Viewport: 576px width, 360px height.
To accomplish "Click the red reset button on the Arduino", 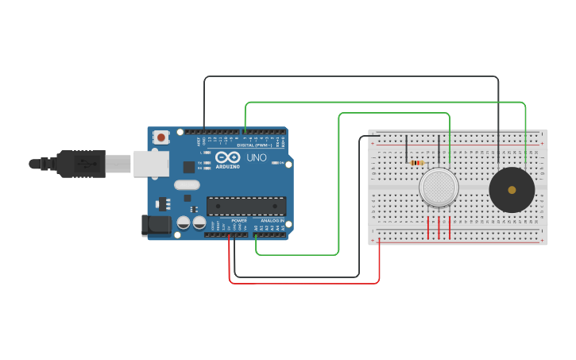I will (x=162, y=137).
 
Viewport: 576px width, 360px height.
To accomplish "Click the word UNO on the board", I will (x=257, y=158).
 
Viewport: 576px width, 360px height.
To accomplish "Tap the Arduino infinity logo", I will (x=227, y=157).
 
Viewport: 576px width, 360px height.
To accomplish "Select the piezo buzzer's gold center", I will (x=512, y=190).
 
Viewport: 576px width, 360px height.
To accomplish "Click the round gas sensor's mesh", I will (x=439, y=188).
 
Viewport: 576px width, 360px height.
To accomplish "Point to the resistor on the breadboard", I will (x=416, y=163).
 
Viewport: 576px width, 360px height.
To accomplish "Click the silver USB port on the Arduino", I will (x=150, y=163).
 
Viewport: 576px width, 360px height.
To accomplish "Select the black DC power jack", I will (x=156, y=225).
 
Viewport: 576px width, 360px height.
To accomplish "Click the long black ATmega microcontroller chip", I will (x=245, y=206).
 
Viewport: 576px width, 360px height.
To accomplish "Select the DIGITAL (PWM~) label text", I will (x=254, y=145).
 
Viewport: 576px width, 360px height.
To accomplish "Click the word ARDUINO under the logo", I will (x=227, y=167).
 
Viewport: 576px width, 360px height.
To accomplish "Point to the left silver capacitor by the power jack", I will (x=183, y=223).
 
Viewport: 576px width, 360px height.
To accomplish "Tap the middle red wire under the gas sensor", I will (x=439, y=226).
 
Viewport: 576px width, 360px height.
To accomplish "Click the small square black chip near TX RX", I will (x=189, y=167).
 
